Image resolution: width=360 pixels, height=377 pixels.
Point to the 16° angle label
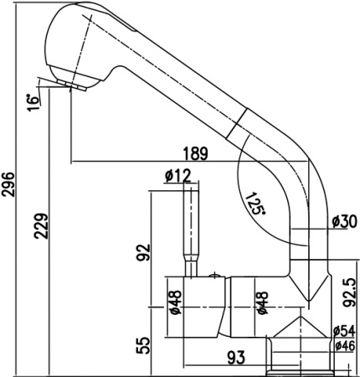pyautogui.click(x=33, y=101)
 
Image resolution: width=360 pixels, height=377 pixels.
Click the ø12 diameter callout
pyautogui.click(x=177, y=176)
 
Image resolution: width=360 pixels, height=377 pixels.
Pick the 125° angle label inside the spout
pyautogui.click(x=257, y=204)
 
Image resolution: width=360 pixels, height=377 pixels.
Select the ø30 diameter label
pyautogui.click(x=344, y=221)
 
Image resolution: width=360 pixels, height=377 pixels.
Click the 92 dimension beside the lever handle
pyautogui.click(x=143, y=250)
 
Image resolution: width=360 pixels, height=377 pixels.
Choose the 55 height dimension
pyautogui.click(x=143, y=343)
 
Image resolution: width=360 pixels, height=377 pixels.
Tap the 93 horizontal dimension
pyautogui.click(x=236, y=358)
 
